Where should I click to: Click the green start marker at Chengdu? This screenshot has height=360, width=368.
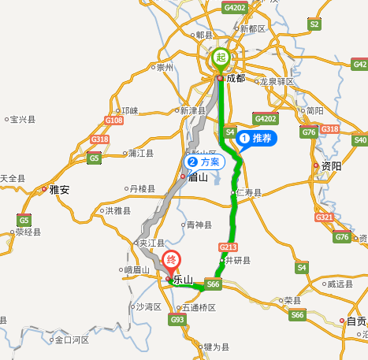point(221,57)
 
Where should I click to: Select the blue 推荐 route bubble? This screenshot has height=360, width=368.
point(257,139)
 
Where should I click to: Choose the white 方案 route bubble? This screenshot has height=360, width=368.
point(204,161)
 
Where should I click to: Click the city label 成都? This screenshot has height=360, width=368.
point(235,79)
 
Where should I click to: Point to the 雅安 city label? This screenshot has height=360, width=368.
point(59,190)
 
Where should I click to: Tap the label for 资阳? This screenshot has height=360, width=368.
point(331,166)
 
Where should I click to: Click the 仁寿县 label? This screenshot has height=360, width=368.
point(249,193)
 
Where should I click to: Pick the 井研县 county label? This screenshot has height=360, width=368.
point(237,260)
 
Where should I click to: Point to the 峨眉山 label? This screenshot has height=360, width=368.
point(136,270)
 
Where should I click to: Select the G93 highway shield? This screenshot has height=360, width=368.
point(177,320)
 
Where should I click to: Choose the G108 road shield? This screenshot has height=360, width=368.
point(114,120)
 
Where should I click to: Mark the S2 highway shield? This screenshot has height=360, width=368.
point(314,24)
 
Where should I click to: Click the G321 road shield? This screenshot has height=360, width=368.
point(324,217)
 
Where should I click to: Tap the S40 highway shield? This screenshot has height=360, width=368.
point(360,140)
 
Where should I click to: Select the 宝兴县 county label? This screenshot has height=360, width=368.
point(23,120)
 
